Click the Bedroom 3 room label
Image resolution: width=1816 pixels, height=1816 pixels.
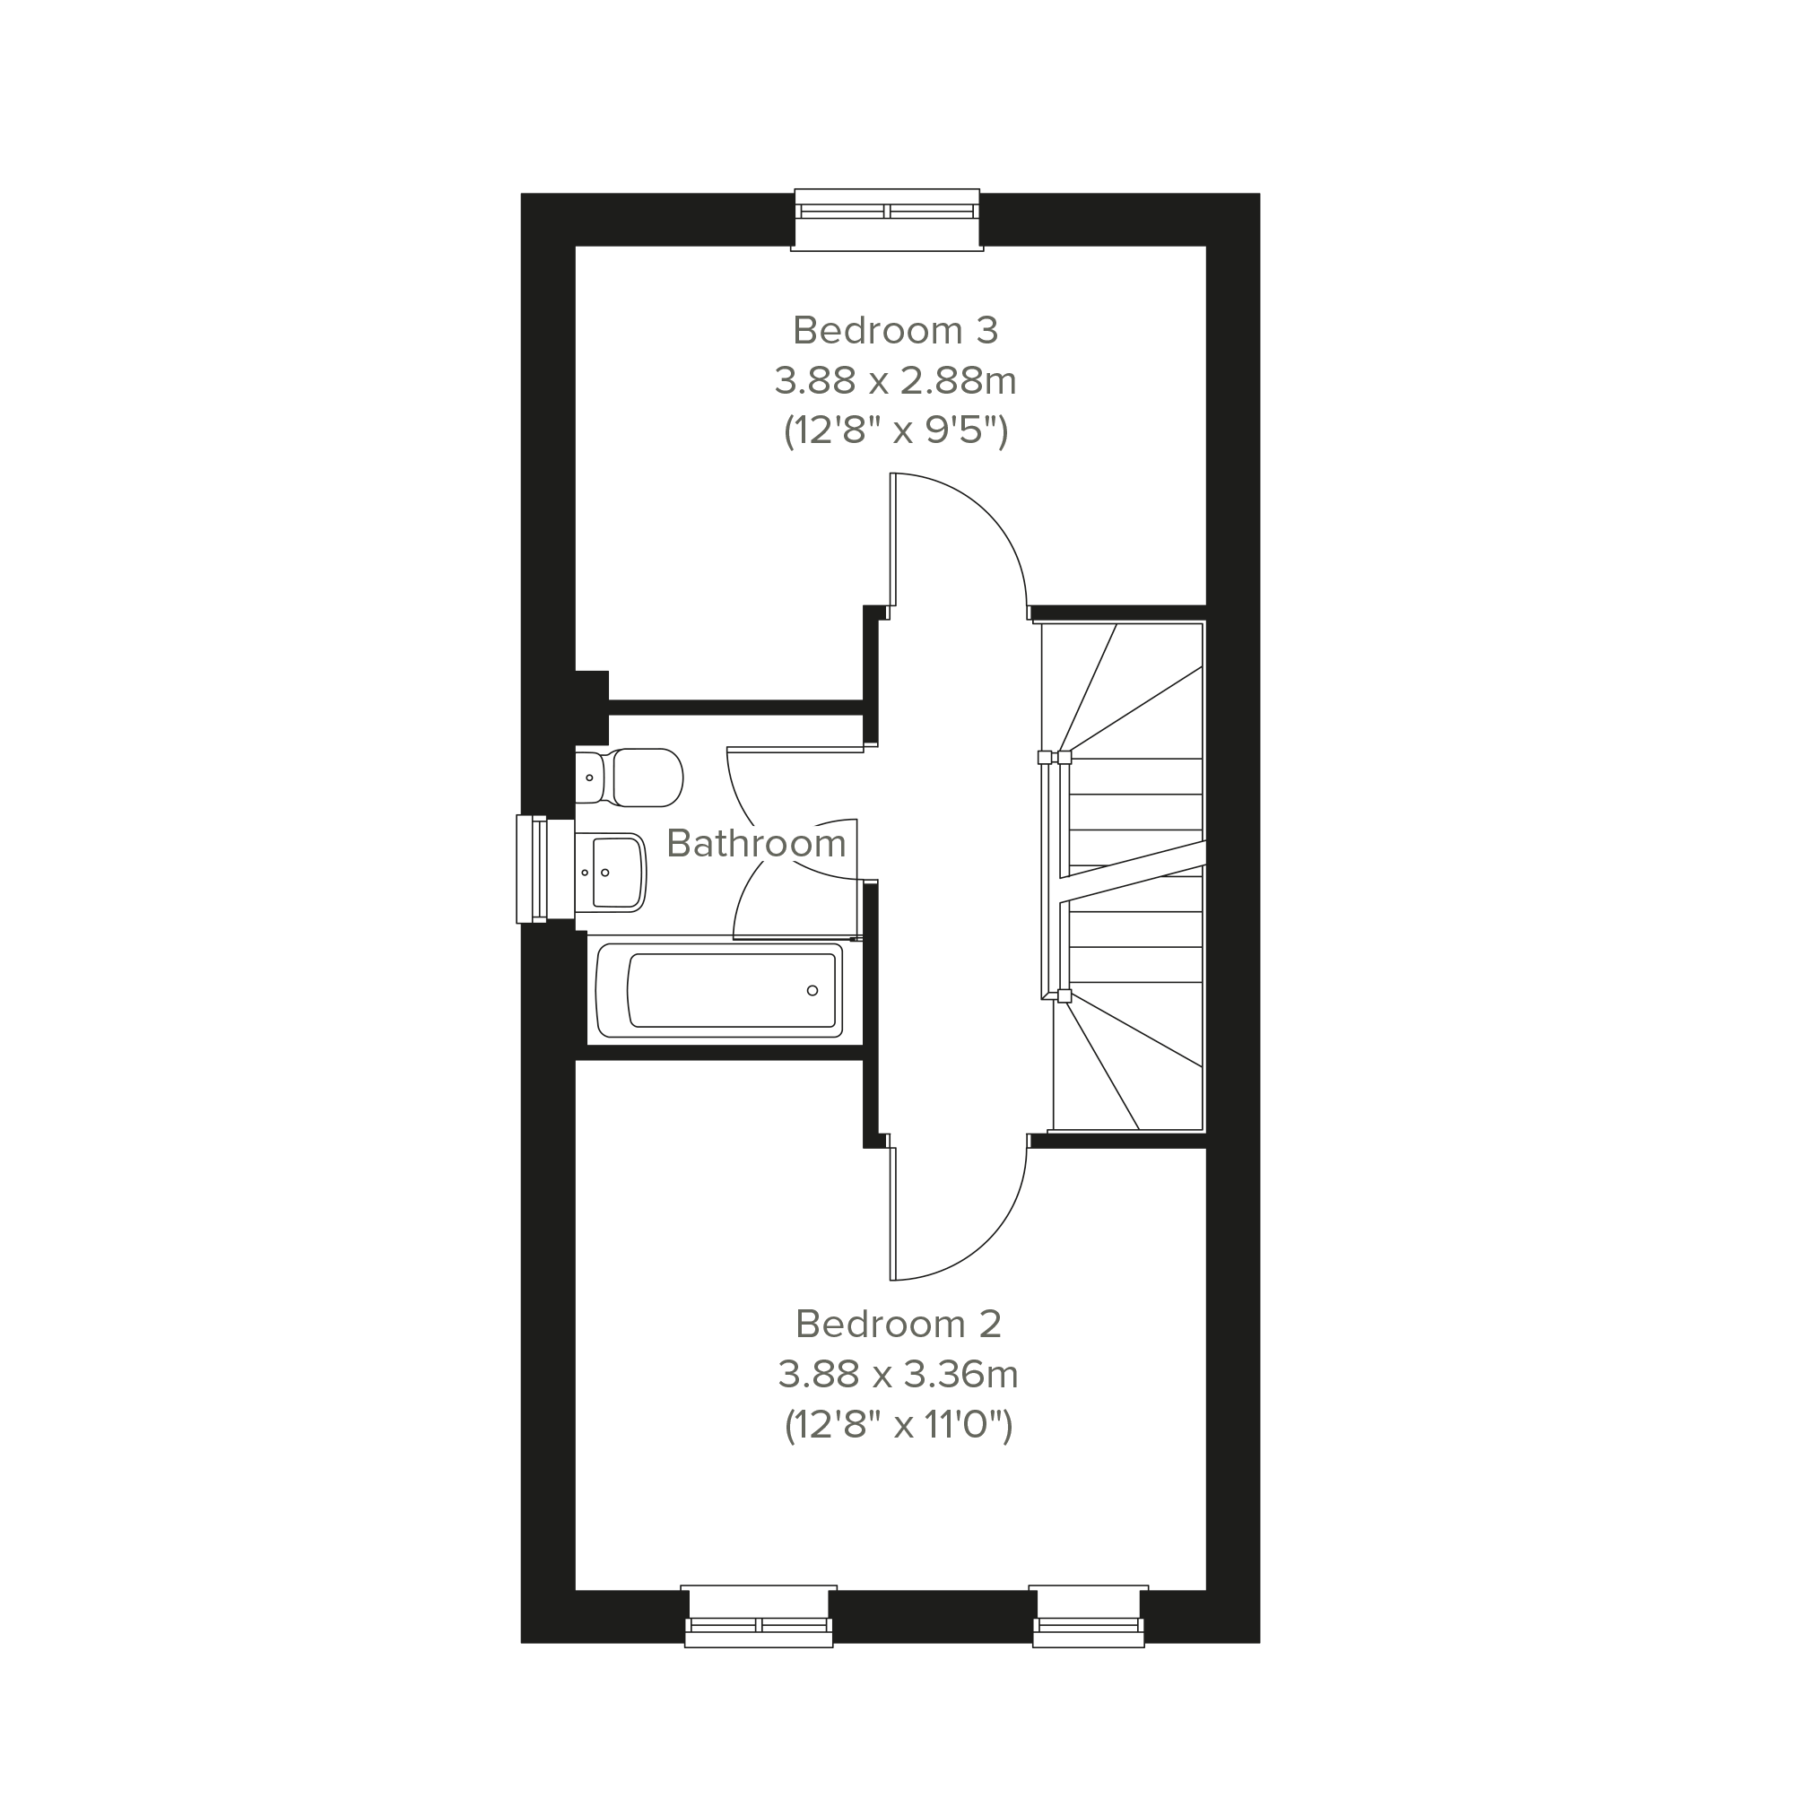(x=895, y=330)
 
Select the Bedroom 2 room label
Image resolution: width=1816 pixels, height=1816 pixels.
(x=899, y=1324)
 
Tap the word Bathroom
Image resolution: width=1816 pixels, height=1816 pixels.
(x=757, y=843)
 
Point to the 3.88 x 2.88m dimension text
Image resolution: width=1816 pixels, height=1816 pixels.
(x=896, y=380)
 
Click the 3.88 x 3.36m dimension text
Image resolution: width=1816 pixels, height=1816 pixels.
(x=899, y=1374)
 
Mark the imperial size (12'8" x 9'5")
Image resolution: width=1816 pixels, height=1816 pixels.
(x=896, y=431)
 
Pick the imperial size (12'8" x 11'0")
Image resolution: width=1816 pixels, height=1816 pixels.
(x=899, y=1425)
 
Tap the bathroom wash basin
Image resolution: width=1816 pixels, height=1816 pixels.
(x=611, y=873)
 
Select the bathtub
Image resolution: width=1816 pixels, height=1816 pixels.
(x=719, y=991)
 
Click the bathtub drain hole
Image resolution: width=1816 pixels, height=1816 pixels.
(x=812, y=991)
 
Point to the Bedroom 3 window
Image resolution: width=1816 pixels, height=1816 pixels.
(x=887, y=220)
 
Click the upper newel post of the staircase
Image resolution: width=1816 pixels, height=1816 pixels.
(x=1064, y=758)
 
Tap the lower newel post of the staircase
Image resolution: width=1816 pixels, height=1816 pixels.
(x=1064, y=996)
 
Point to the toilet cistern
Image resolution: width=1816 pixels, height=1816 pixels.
(x=589, y=778)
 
